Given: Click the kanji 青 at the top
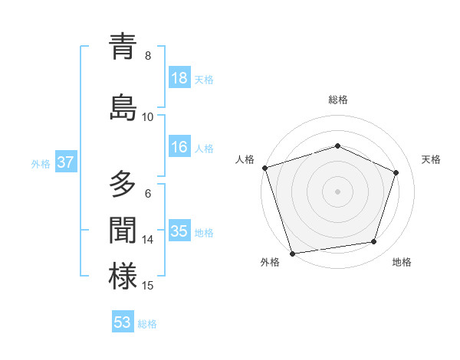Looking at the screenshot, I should tap(123, 47).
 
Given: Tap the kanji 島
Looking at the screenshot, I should tap(123, 107).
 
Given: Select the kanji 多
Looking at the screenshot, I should tap(123, 185).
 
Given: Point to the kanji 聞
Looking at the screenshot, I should tap(123, 231).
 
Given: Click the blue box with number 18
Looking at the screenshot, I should tap(179, 78).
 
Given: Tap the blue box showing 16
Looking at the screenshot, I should tap(179, 148).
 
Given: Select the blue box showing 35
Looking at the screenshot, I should tap(179, 231).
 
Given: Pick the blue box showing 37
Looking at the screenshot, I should tap(65, 162).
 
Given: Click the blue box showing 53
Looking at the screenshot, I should tap(123, 322).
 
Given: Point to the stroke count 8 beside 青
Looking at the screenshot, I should tap(148, 56).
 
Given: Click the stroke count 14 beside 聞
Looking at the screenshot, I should tap(148, 240).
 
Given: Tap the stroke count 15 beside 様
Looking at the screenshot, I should tap(148, 286).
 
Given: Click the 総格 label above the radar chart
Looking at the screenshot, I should tap(338, 100).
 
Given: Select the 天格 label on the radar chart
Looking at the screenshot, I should tap(431, 159).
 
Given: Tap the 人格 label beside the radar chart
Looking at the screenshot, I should tap(245, 159).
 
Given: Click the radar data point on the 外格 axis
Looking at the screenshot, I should tap(292, 253).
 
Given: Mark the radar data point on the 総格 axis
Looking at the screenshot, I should tap(338, 146).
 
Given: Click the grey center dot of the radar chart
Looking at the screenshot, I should tap(338, 191).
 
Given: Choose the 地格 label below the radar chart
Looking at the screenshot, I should tap(402, 262).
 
